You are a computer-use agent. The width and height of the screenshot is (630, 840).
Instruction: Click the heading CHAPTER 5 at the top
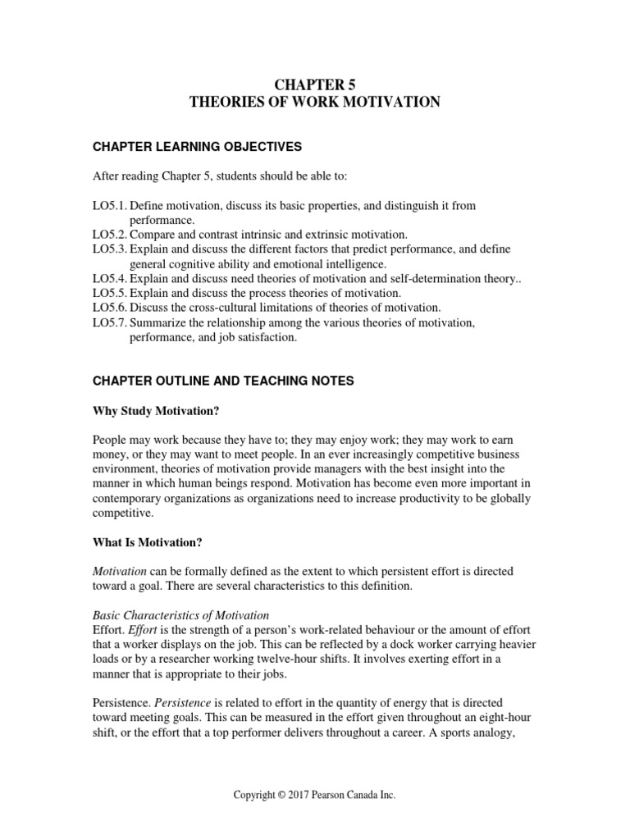315,83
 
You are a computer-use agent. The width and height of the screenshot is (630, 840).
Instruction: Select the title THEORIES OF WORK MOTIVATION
315,102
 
